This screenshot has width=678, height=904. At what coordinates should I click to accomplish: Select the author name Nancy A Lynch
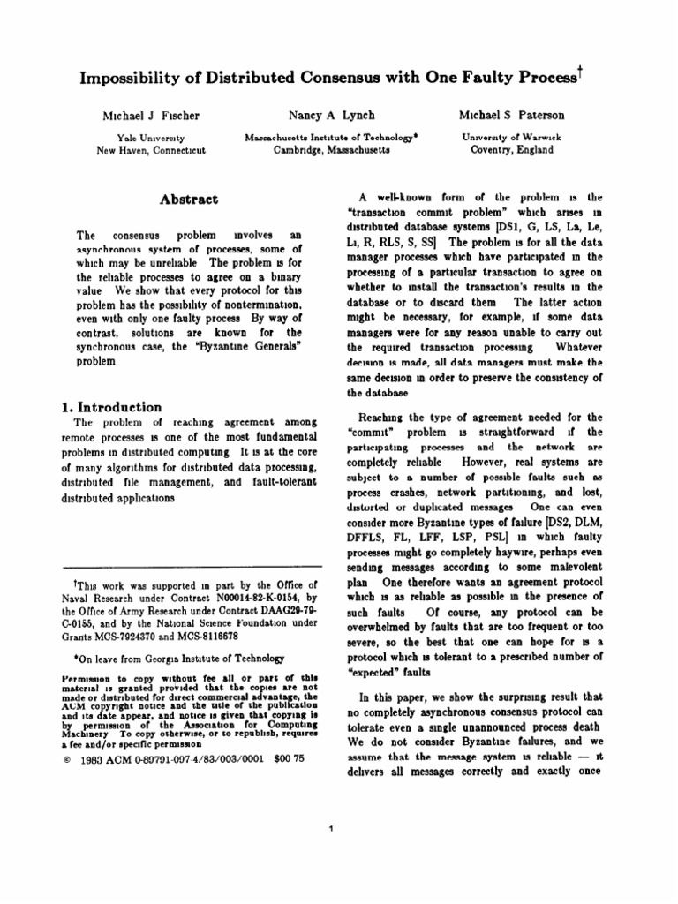[331, 116]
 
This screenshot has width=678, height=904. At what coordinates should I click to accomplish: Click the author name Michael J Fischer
[150, 117]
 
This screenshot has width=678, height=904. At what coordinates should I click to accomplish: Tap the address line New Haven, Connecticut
[150, 150]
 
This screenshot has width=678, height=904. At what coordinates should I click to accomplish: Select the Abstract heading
[188, 200]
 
